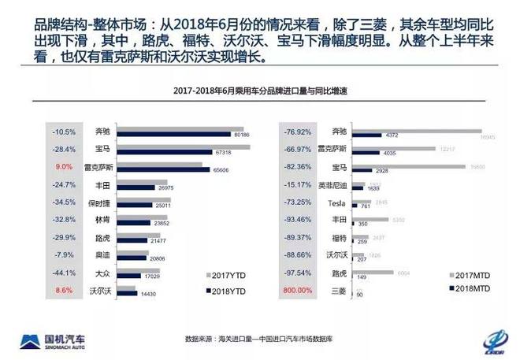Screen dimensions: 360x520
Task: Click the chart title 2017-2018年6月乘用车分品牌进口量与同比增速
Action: coord(259,92)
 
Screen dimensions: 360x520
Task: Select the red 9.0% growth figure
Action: coord(65,168)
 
